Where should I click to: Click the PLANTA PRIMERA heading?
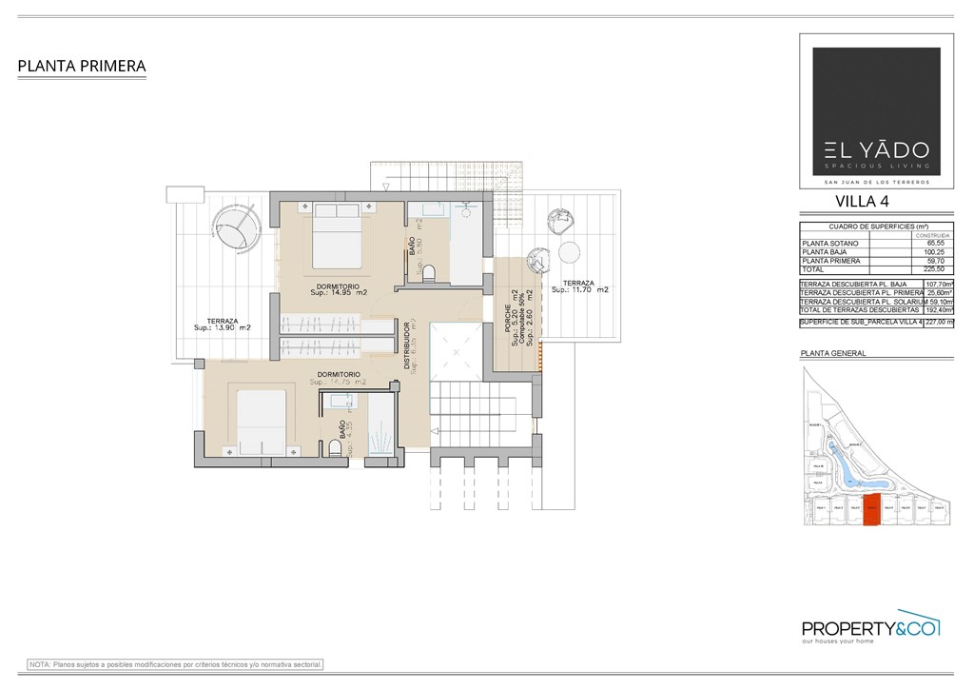point(82,67)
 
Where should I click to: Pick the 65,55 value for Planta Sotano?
point(924,244)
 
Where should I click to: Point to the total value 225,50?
point(924,269)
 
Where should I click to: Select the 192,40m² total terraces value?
point(939,310)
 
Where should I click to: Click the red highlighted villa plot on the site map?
point(871,512)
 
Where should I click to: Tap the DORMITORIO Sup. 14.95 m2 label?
point(338,289)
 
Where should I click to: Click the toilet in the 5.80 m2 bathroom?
point(429,274)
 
